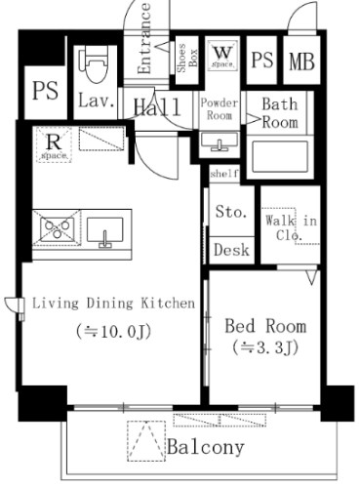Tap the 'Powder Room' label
(x=220, y=109)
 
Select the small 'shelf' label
(x=223, y=174)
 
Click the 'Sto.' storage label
(x=231, y=213)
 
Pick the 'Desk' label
(x=230, y=250)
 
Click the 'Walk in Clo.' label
(x=291, y=227)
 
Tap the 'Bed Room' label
(x=264, y=326)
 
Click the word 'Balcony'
(x=204, y=448)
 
